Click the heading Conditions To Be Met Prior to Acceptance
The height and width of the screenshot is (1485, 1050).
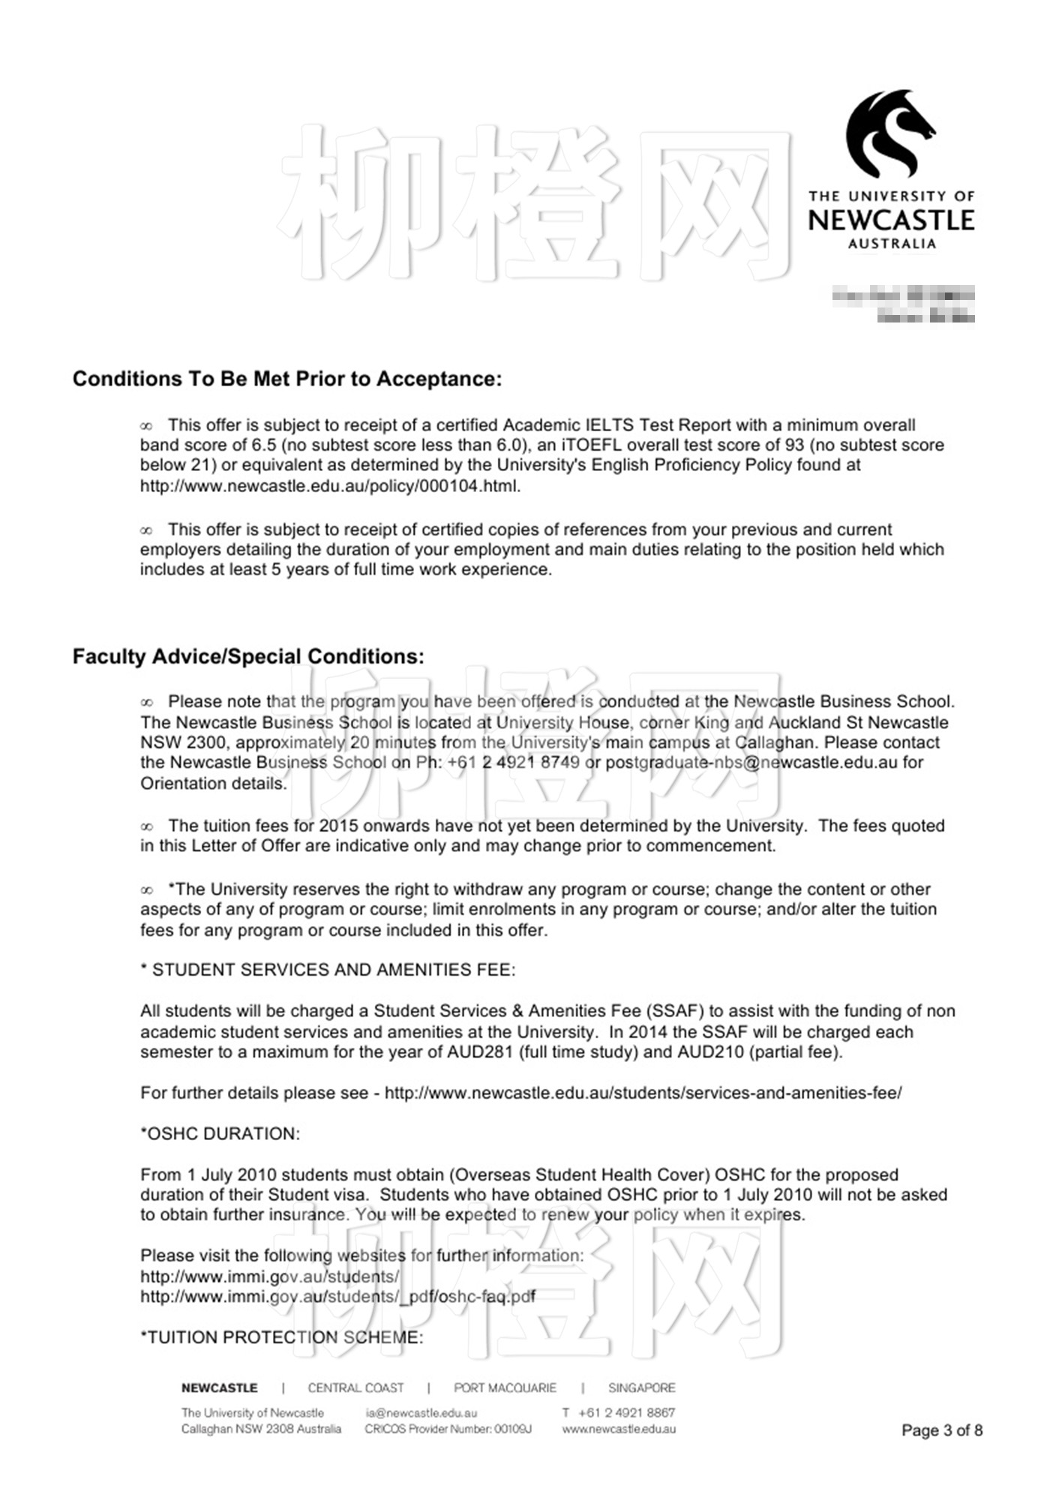click(x=286, y=379)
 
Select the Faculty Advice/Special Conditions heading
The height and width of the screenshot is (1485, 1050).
click(x=248, y=656)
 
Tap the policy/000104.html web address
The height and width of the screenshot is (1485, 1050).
click(x=330, y=485)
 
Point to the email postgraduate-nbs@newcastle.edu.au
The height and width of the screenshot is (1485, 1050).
click(x=751, y=763)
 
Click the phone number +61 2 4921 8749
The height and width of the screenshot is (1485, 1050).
click(x=513, y=763)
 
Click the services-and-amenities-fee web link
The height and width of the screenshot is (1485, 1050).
click(x=643, y=1093)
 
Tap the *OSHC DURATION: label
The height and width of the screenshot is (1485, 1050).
click(x=220, y=1133)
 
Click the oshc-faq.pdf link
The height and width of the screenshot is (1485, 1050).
click(x=337, y=1297)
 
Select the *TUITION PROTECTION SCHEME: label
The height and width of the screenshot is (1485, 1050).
click(x=281, y=1337)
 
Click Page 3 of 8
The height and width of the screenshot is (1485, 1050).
click(x=942, y=1430)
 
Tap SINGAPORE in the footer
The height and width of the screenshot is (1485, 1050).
click(x=641, y=1388)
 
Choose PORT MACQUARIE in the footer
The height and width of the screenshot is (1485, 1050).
click(x=505, y=1388)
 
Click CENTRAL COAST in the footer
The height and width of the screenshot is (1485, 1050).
click(x=355, y=1388)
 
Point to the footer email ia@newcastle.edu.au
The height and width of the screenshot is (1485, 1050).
click(x=421, y=1413)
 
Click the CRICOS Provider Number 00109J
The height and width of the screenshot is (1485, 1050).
click(x=448, y=1429)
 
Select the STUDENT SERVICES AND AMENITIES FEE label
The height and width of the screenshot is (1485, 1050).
click(x=328, y=970)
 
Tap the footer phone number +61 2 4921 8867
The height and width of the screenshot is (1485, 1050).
click(x=626, y=1413)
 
